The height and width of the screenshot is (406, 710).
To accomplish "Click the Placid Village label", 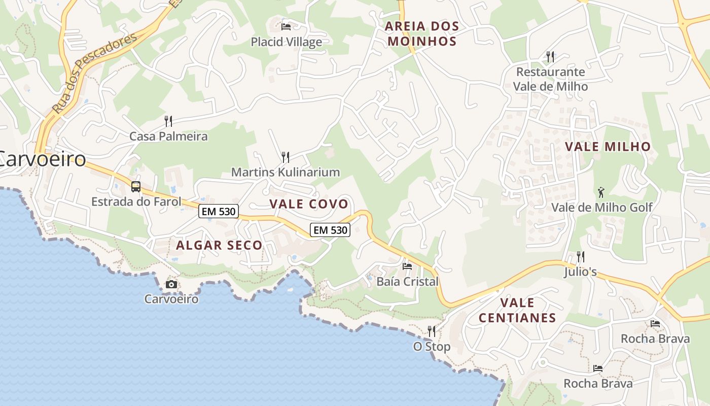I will (287, 42).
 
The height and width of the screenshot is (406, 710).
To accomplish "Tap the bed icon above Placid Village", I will (286, 26).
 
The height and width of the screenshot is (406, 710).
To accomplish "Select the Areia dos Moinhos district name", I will (421, 33).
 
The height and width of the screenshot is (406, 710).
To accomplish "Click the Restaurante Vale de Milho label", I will (550, 79).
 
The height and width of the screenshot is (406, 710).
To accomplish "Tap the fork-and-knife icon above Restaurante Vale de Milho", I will (550, 56).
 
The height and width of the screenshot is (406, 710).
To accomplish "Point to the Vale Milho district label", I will (608, 147).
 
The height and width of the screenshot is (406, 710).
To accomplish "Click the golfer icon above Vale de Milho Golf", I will (601, 192).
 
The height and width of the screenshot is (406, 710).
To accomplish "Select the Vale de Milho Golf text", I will (601, 207).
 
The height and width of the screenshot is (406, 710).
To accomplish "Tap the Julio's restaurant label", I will (580, 272).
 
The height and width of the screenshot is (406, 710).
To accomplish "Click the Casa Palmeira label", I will (168, 136).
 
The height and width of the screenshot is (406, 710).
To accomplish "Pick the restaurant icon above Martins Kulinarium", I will (286, 157).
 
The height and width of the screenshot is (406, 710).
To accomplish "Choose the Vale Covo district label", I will (309, 204).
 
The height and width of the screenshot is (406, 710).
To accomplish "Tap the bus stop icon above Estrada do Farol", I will (136, 186).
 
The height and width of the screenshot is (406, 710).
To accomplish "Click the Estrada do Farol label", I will (136, 201).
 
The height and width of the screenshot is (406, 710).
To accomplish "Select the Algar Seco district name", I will (219, 245).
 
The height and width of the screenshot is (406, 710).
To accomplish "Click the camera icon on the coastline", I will (171, 284).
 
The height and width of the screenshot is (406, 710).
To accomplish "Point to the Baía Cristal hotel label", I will (407, 281).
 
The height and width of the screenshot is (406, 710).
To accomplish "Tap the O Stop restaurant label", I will (432, 347).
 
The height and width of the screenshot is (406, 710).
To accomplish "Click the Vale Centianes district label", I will (517, 310).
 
